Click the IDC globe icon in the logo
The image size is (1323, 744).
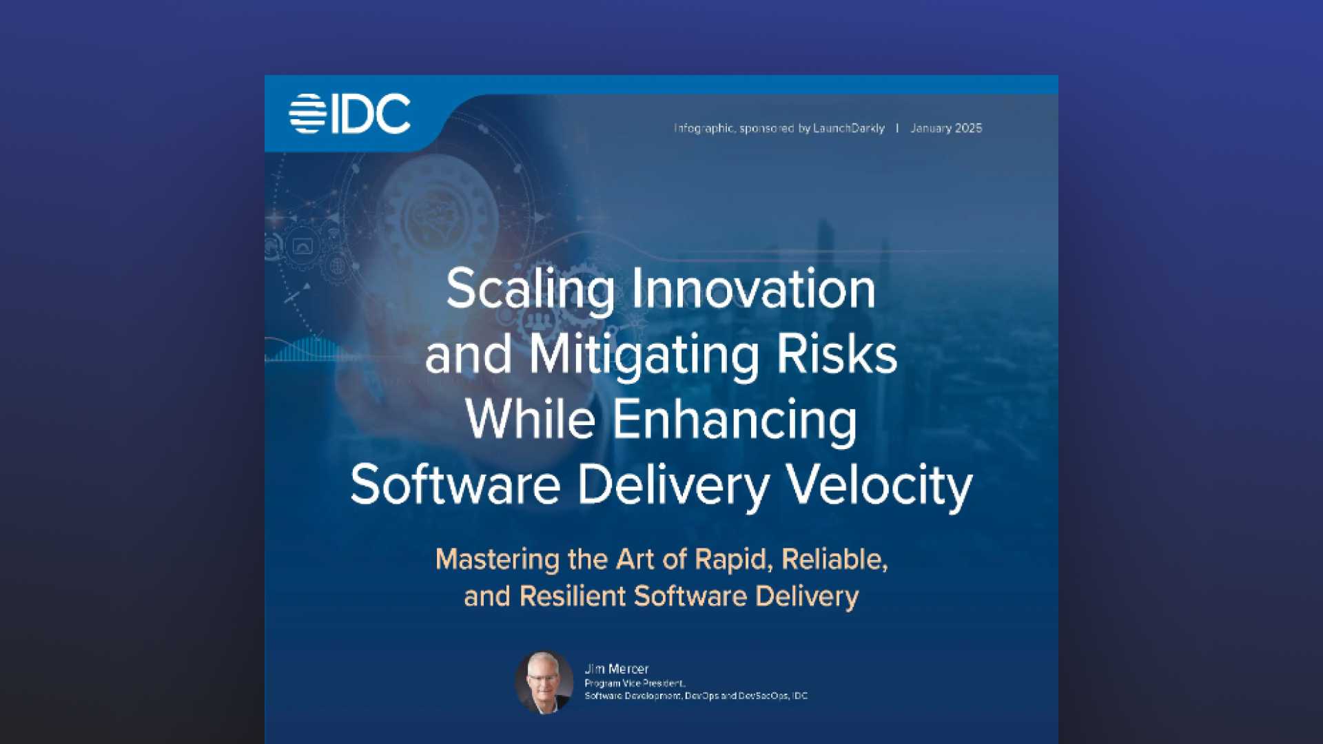click(x=307, y=114)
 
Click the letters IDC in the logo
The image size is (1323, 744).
click(x=371, y=114)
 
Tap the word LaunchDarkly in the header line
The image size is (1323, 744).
click(x=849, y=128)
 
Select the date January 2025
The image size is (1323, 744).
click(x=946, y=128)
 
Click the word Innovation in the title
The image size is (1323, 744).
click(x=754, y=289)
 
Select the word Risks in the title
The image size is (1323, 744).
click(x=837, y=354)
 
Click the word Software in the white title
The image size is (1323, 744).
click(x=455, y=485)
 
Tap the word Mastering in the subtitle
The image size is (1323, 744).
click(x=498, y=560)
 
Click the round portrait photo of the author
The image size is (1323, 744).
click(x=544, y=682)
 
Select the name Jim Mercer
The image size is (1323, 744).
click(x=617, y=669)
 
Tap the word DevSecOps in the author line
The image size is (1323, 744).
click(x=763, y=696)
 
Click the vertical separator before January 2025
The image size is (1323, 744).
click(x=897, y=128)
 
